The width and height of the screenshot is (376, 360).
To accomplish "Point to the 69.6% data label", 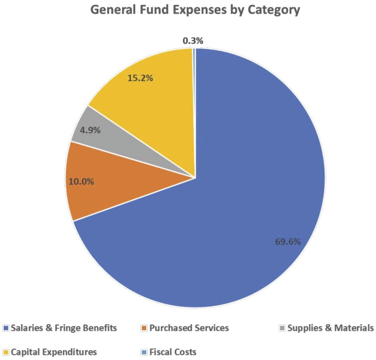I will (x=287, y=241).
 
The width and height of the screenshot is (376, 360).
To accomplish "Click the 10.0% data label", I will (x=81, y=182).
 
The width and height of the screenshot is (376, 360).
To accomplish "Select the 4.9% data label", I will (x=90, y=131).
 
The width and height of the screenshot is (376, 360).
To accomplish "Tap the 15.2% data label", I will (x=141, y=78).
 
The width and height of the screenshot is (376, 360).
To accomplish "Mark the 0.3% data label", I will (x=193, y=41).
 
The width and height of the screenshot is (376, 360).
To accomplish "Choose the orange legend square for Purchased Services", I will (x=144, y=329).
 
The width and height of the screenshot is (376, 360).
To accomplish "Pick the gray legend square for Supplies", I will (x=282, y=329).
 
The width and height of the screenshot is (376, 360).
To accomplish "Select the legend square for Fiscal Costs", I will (x=144, y=352).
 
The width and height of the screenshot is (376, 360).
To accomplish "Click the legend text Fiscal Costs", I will (x=173, y=352).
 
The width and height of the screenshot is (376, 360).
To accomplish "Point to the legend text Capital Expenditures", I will (x=54, y=352).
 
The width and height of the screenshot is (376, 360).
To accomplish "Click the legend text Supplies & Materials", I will (x=330, y=328).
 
